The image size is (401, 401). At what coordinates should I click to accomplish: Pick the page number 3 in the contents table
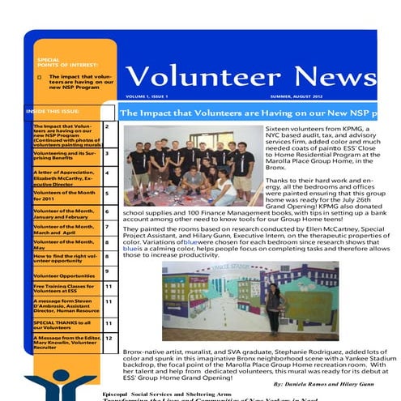pyautogui.click(x=108, y=152)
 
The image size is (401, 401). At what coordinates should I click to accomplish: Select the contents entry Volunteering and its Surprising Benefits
pyautogui.click(x=64, y=155)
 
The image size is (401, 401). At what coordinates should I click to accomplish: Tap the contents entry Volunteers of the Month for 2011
pyautogui.click(x=64, y=194)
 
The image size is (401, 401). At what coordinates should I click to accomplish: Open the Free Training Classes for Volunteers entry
pyautogui.click(x=64, y=288)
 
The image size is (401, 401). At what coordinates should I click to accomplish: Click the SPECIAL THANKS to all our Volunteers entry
pyautogui.click(x=64, y=324)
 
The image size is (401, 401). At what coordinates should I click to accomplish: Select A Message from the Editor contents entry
pyautogui.click(x=64, y=343)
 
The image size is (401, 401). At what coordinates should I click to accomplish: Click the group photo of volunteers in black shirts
pyautogui.click(x=191, y=167)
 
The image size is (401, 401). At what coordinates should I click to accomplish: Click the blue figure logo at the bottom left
pyautogui.click(x=60, y=385)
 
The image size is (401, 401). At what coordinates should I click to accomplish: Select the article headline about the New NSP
pyautogui.click(x=259, y=114)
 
